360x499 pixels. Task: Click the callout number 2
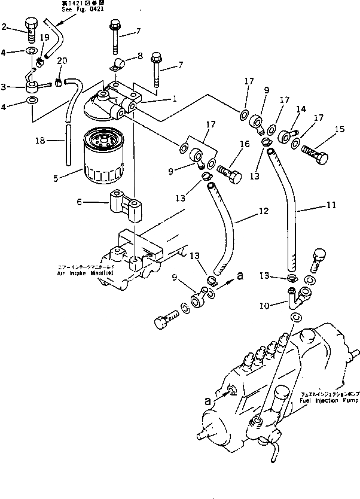(5, 26)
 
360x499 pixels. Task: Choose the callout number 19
(44, 37)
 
